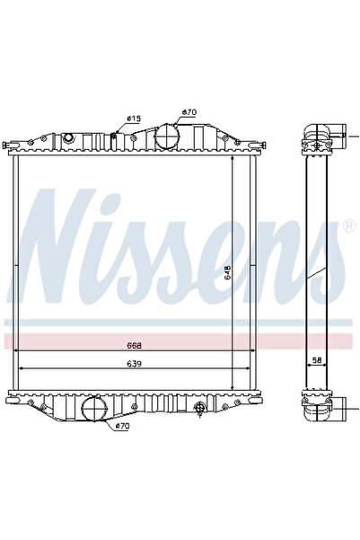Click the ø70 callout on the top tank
[189, 112]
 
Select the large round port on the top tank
[169, 138]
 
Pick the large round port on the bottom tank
[95, 410]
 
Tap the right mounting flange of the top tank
[261, 144]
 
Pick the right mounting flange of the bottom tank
[261, 395]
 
